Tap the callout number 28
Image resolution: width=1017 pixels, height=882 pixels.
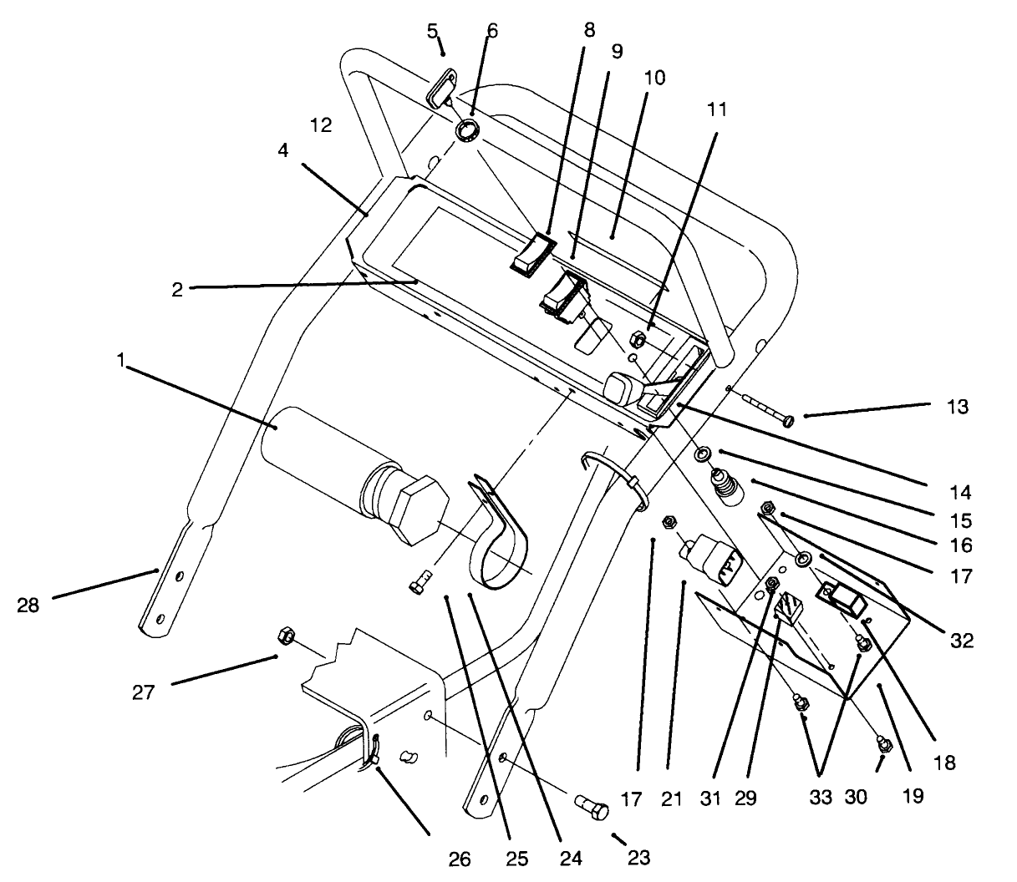coord(28,606)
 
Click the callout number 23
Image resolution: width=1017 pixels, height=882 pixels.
coord(638,857)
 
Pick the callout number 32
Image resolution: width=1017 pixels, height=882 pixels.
coord(962,641)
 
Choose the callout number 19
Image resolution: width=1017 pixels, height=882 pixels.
coord(913,796)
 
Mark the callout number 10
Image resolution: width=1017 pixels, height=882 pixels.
coord(654,79)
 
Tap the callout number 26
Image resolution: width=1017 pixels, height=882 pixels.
coord(460,859)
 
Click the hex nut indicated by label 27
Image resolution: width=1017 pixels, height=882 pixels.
coord(283,637)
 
